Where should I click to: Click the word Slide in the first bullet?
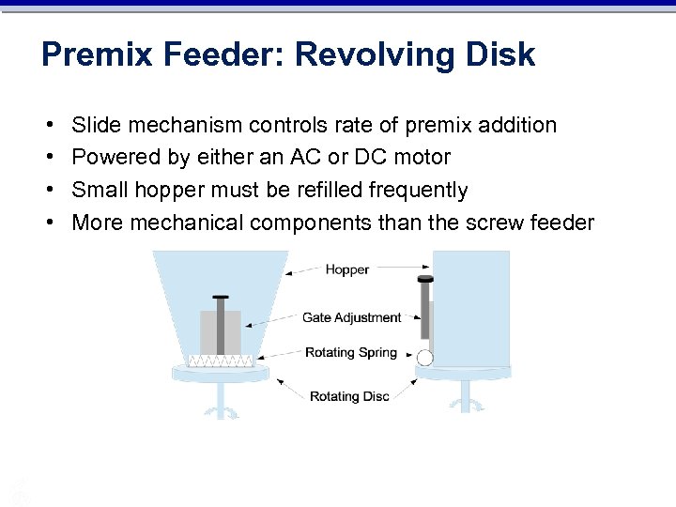[96, 125]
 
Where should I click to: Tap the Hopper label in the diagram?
[347, 269]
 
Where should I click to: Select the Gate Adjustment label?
[352, 317]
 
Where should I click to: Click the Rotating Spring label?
[351, 353]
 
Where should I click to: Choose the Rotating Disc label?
[349, 396]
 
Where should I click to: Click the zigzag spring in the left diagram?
[221, 361]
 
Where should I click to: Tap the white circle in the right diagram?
[424, 357]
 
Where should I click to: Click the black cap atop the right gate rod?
[425, 278]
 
